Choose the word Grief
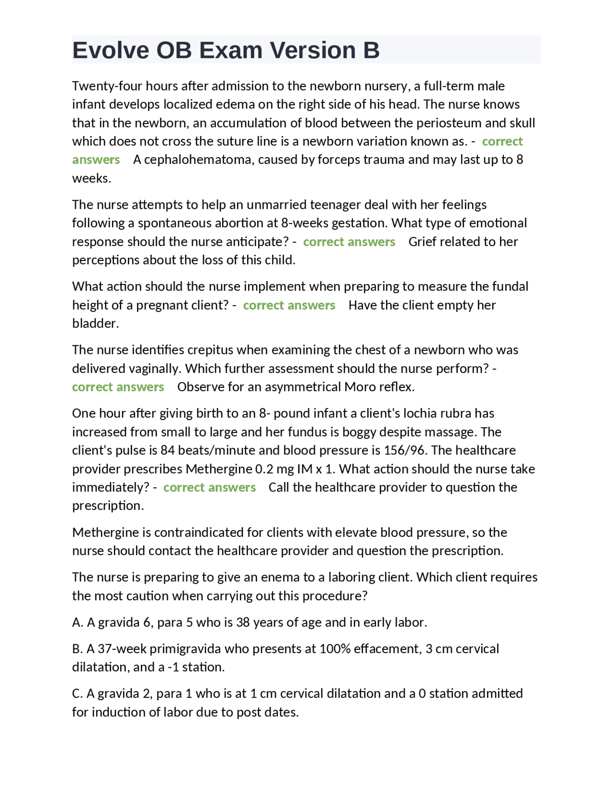pos(422,242)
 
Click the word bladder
pos(95,324)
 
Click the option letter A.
pos(77,623)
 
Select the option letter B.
pos(77,649)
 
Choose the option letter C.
pos(77,694)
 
